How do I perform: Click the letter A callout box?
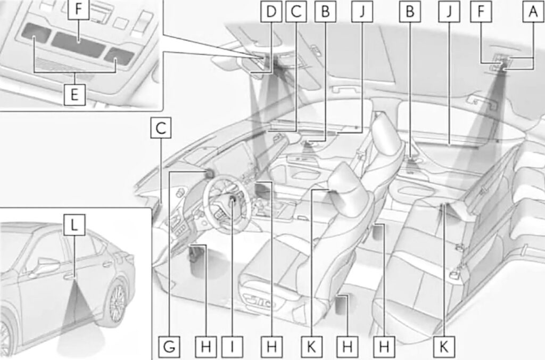[533, 12]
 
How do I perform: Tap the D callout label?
[271, 12]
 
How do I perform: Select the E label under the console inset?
[75, 95]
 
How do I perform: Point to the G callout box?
[169, 347]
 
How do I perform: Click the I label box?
[232, 347]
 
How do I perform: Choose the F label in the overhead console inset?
[79, 10]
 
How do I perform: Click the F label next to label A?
[481, 12]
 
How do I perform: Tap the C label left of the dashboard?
[161, 128]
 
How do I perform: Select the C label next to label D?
[296, 12]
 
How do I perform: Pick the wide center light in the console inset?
[78, 44]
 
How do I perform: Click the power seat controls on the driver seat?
[260, 301]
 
